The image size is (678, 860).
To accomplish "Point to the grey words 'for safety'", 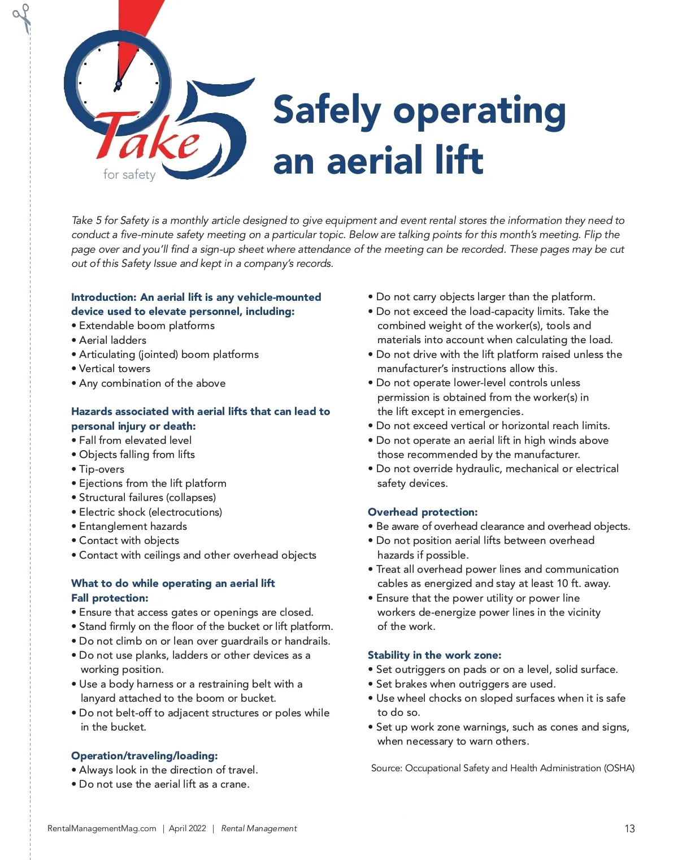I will point(129,175).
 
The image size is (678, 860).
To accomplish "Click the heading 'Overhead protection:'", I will point(423,512).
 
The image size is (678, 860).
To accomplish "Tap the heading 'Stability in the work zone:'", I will point(434,655).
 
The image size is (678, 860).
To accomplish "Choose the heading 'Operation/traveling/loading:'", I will point(145,756).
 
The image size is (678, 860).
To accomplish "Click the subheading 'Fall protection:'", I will point(110,598).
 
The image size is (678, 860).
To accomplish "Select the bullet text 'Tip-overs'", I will point(102,469).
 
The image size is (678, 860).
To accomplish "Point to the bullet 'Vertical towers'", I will point(115,369).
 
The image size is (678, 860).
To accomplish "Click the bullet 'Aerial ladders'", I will point(112,340).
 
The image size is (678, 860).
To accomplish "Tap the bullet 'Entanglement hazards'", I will point(133,526).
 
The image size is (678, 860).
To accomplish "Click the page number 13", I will point(629,829).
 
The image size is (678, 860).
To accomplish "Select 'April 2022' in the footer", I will point(188,829).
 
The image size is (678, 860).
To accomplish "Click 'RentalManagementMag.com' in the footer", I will point(102,829).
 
